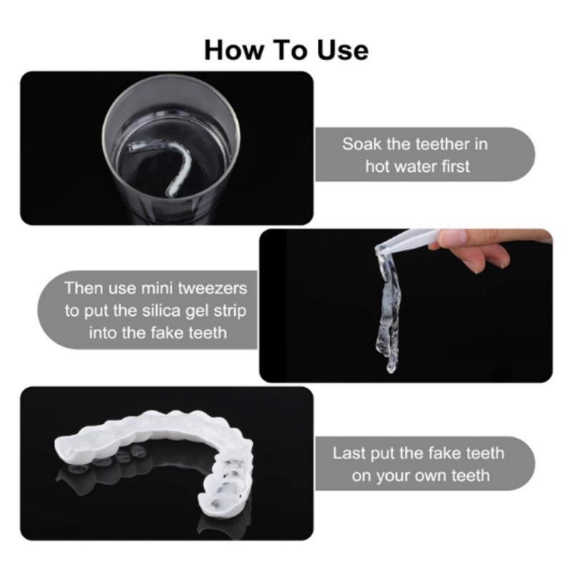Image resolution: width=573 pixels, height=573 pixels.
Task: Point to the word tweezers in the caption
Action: [212, 289]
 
